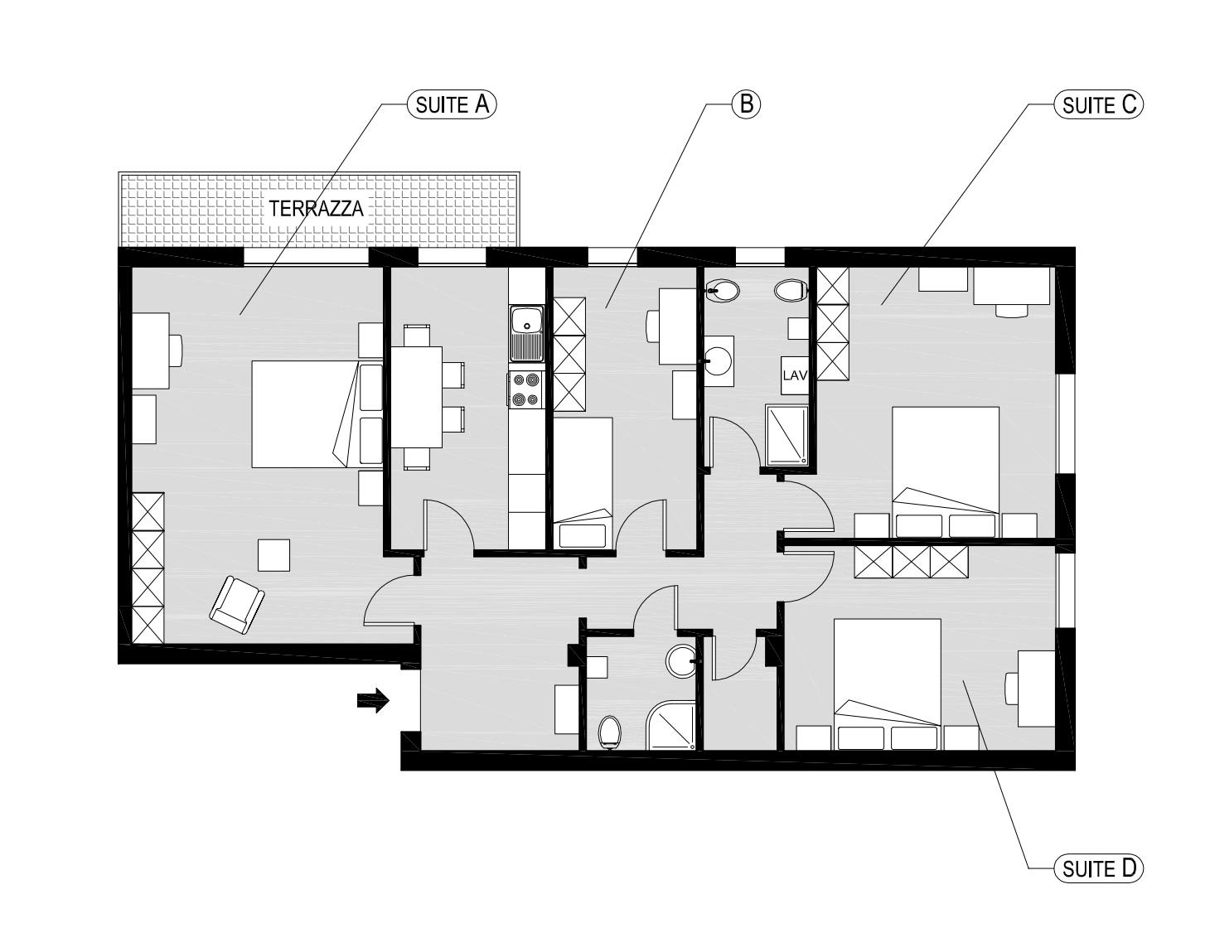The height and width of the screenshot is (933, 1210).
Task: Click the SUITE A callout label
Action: [x=452, y=104]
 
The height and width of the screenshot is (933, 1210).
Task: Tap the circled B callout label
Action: [x=745, y=104]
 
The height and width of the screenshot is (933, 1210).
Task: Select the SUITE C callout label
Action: [x=1098, y=105]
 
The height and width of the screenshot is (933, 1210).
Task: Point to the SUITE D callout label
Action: [x=1098, y=868]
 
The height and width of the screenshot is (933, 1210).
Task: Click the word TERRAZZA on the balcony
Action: [x=316, y=209]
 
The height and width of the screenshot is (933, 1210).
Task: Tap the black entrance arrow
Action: [x=373, y=701]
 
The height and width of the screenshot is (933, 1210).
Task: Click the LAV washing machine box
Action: [x=794, y=375]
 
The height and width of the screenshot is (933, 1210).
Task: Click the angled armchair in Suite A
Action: [x=237, y=605]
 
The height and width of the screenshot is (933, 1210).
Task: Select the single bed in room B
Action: [x=583, y=481]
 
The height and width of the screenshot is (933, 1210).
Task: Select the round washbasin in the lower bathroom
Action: [x=683, y=660]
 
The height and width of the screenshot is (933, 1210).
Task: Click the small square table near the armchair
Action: [x=273, y=554]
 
